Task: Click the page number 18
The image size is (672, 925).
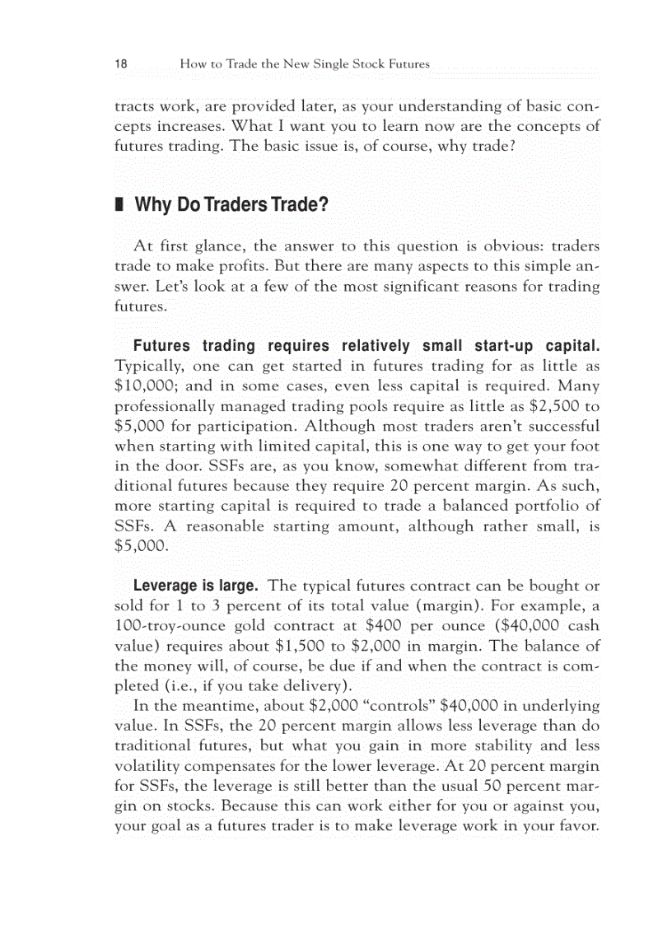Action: [x=120, y=63]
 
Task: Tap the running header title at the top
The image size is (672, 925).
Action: [x=304, y=63]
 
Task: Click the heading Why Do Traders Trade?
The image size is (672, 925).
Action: [x=231, y=204]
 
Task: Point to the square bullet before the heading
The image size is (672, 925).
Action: [x=119, y=204]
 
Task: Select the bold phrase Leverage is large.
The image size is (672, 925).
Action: [x=196, y=586]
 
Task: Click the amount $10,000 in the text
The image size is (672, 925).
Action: [x=143, y=385]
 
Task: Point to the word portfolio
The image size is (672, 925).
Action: [x=541, y=506]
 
